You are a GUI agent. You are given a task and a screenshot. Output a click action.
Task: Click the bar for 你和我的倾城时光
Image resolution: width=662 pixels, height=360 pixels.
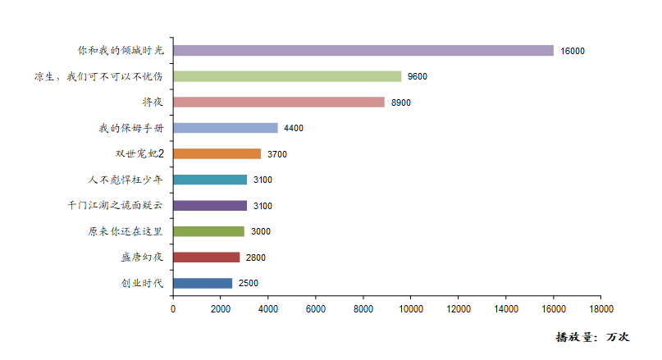pyautogui.click(x=363, y=51)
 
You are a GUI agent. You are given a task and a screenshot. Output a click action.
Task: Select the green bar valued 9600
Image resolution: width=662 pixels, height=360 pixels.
pyautogui.click(x=287, y=76)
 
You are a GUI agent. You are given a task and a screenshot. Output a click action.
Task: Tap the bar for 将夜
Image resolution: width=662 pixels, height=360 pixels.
pyautogui.click(x=279, y=103)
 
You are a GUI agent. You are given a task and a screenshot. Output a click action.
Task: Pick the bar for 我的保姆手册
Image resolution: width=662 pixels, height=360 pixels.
pyautogui.click(x=226, y=128)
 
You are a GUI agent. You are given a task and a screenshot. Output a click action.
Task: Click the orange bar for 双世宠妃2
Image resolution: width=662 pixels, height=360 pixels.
pyautogui.click(x=217, y=154)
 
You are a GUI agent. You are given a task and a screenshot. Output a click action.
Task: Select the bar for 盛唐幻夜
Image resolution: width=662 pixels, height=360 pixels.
pyautogui.click(x=207, y=257)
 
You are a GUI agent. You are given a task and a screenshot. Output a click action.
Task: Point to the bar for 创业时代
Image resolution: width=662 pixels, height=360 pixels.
pyautogui.click(x=203, y=284)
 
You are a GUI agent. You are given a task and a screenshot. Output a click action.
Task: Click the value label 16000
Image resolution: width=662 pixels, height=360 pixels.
pyautogui.click(x=573, y=51)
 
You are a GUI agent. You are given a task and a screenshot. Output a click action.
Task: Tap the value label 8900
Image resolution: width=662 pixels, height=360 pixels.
pyautogui.click(x=401, y=103)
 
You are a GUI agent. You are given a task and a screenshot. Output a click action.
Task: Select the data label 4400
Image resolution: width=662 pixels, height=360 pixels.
pyautogui.click(x=294, y=129)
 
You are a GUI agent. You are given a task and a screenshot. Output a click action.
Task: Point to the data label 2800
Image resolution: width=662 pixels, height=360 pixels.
pyautogui.click(x=256, y=257)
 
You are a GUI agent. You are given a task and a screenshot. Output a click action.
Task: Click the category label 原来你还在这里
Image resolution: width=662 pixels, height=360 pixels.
pyautogui.click(x=126, y=232)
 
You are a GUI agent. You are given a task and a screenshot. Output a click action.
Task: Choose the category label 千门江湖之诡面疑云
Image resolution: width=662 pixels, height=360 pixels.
pyautogui.click(x=116, y=206)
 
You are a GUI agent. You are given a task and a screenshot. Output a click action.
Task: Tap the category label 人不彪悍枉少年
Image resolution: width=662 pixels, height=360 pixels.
pyautogui.click(x=126, y=180)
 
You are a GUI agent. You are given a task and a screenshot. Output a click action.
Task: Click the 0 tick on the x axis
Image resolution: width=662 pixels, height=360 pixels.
pyautogui.click(x=173, y=309)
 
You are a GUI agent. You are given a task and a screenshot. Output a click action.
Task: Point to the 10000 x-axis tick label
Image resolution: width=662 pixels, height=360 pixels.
pyautogui.click(x=410, y=309)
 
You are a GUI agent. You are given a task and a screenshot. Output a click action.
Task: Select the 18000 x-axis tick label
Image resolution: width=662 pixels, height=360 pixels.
pyautogui.click(x=600, y=309)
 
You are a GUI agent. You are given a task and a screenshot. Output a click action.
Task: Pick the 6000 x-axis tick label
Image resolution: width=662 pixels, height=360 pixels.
pyautogui.click(x=316, y=309)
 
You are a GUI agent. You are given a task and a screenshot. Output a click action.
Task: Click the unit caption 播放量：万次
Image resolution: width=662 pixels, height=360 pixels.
pyautogui.click(x=591, y=337)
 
